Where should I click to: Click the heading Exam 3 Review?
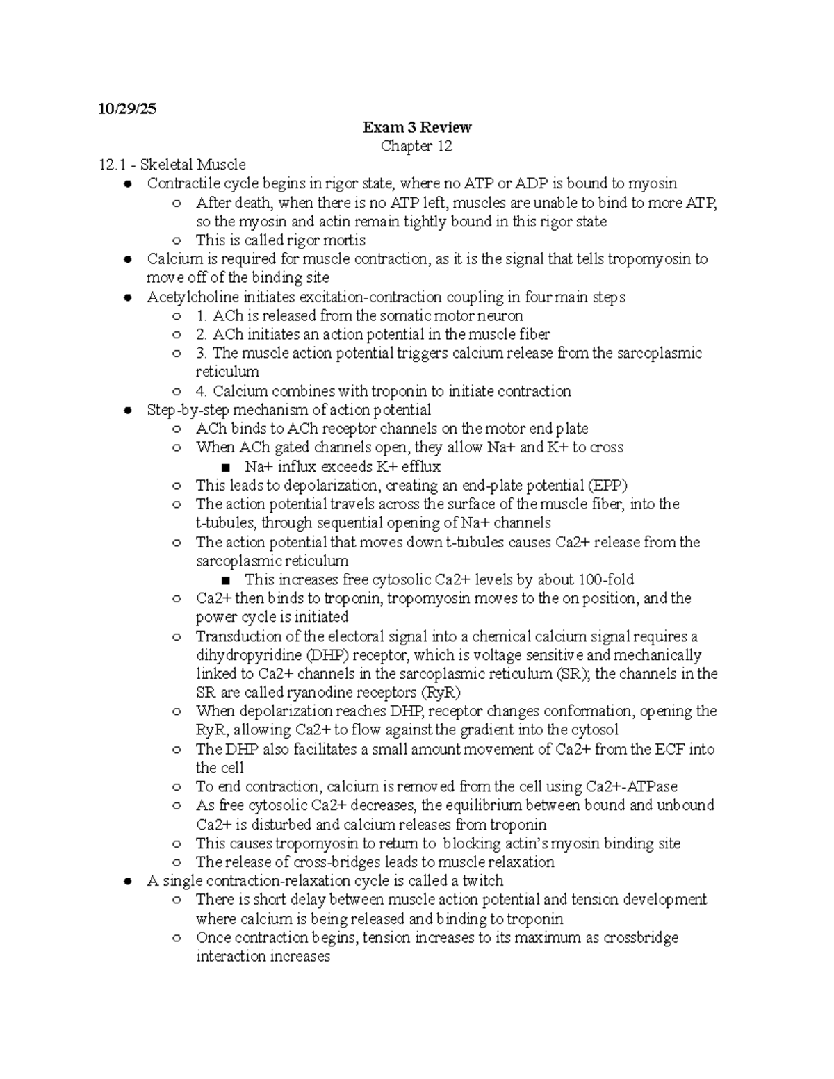pos(416,127)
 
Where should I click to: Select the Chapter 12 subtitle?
pos(416,146)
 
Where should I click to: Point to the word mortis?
pos(346,240)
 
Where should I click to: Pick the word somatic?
pos(403,316)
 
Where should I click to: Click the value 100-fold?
pos(601,579)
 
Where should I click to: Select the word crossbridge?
pos(640,938)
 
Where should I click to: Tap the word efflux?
pos(419,467)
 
